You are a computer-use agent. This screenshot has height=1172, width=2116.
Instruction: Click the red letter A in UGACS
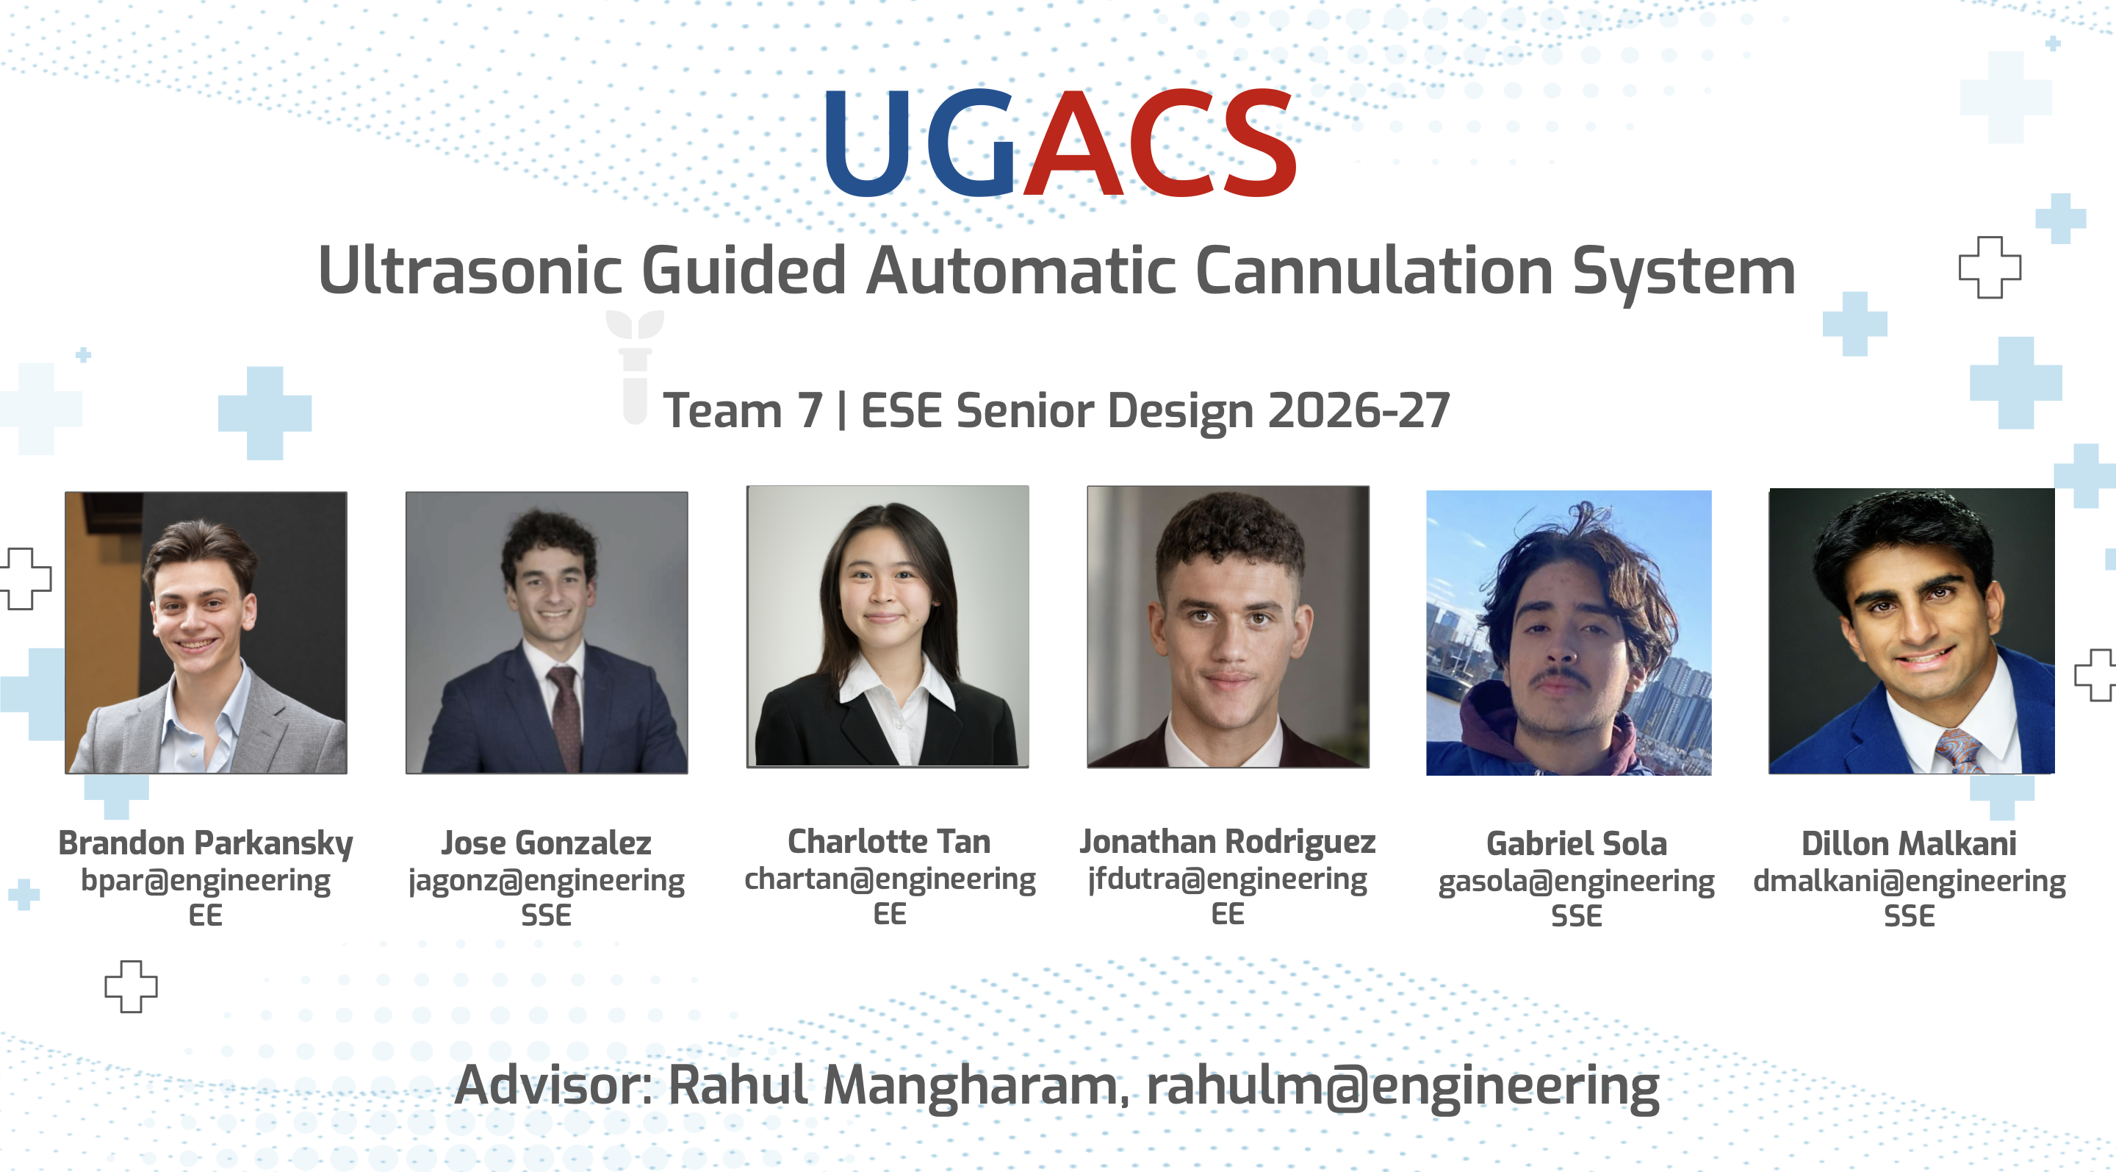pyautogui.click(x=1073, y=143)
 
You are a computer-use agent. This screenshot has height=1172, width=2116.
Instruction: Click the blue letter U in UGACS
pyautogui.click(x=868, y=143)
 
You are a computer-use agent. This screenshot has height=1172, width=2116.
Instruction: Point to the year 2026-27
pyautogui.click(x=1359, y=410)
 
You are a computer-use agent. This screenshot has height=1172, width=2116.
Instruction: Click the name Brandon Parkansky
pyautogui.click(x=206, y=844)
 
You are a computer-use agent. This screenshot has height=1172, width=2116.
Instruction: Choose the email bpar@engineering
pyautogui.click(x=206, y=881)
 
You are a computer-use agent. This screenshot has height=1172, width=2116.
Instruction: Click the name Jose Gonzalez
pyautogui.click(x=546, y=843)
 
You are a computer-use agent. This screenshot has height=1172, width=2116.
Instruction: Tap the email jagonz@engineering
pyautogui.click(x=546, y=881)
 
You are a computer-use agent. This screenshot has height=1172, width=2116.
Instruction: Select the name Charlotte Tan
pyautogui.click(x=889, y=842)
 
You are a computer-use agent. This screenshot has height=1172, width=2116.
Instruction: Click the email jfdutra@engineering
pyautogui.click(x=1227, y=879)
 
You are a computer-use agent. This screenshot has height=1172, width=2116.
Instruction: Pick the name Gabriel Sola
pyautogui.click(x=1576, y=844)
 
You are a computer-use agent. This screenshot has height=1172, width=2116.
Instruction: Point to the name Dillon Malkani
pyautogui.click(x=1909, y=844)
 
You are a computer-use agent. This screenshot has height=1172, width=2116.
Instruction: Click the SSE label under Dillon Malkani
pyautogui.click(x=1909, y=915)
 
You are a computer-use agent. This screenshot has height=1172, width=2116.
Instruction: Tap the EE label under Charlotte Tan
pyautogui.click(x=890, y=914)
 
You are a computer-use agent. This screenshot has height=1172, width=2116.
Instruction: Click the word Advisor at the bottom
pyautogui.click(x=553, y=1085)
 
